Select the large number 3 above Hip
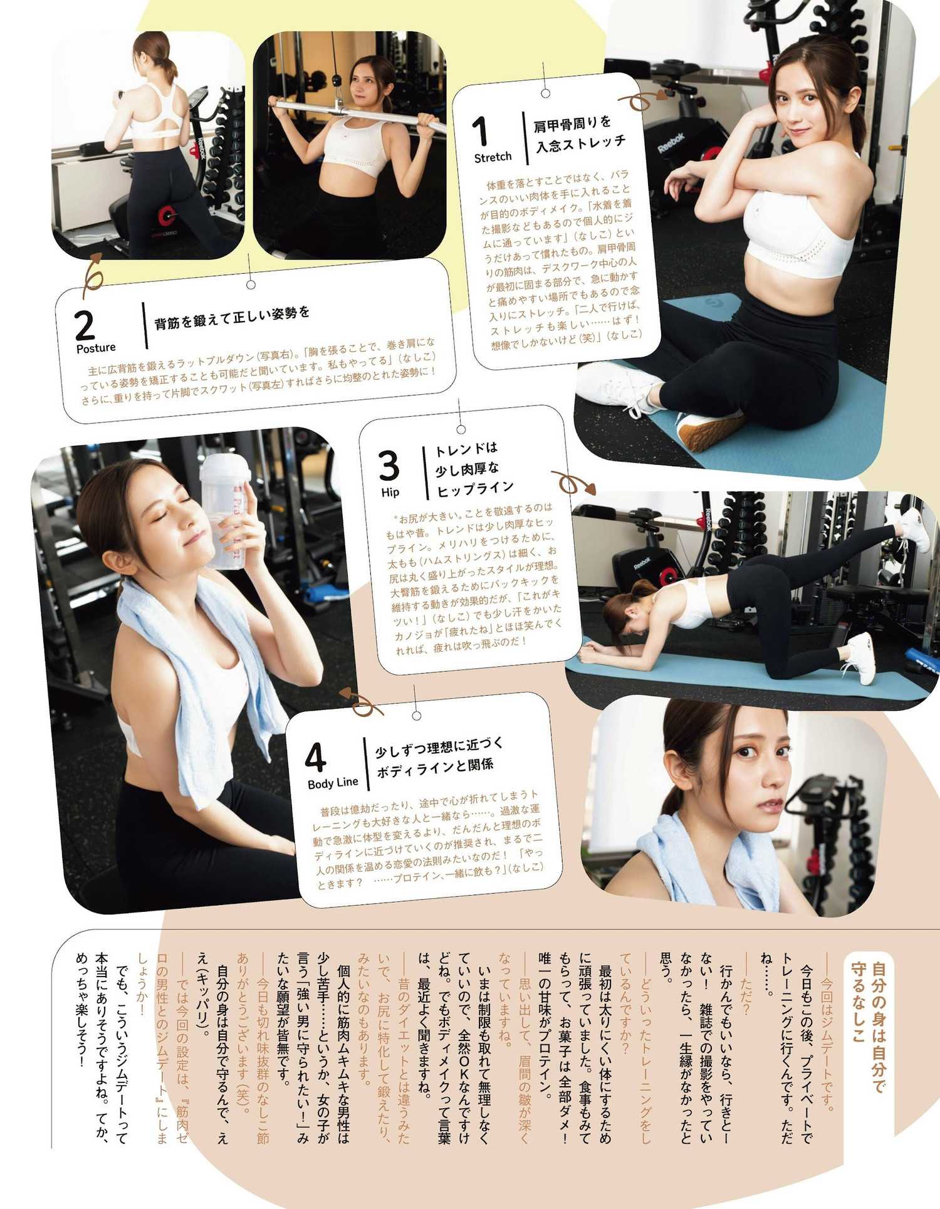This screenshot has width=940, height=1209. tap(389, 465)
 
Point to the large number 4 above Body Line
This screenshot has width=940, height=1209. tap(316, 758)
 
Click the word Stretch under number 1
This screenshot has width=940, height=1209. tap(493, 157)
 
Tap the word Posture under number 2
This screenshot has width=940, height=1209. tap(96, 347)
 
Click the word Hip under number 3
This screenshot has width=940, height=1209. tap(390, 492)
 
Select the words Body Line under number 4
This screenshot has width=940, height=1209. tap(333, 782)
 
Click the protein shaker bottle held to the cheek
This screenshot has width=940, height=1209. tap(225, 510)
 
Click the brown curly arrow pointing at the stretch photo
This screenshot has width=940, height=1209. tap(642, 100)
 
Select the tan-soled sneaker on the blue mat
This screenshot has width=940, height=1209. tap(709, 430)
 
